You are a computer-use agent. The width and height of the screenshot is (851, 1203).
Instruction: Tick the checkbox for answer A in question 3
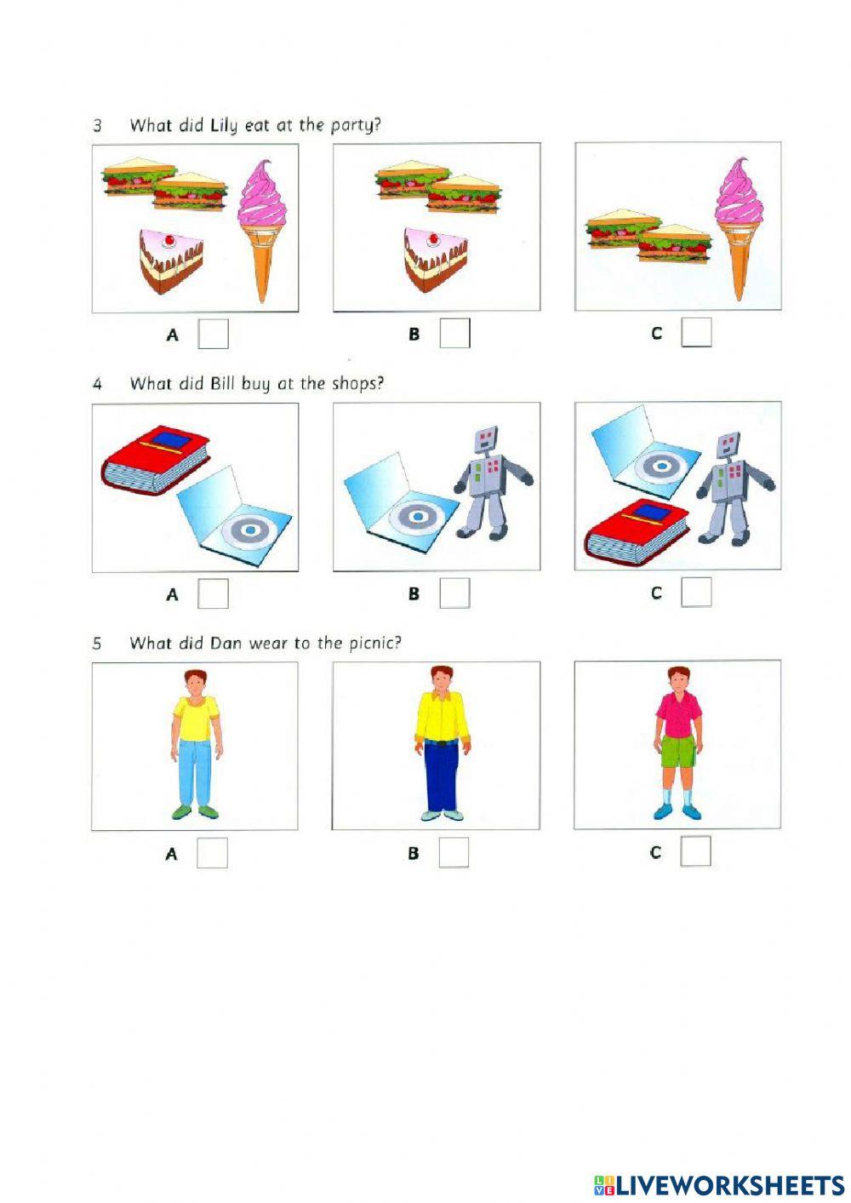tap(214, 334)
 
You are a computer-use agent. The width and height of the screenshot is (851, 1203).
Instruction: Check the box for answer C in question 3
tap(696, 333)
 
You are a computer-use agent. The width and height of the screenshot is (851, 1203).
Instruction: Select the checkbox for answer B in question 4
tap(454, 593)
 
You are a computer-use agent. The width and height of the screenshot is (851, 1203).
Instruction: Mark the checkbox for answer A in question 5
tap(213, 852)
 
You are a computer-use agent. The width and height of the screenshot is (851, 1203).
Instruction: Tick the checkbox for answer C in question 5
tap(695, 851)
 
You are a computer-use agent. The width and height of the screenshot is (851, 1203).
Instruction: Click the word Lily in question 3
tap(224, 126)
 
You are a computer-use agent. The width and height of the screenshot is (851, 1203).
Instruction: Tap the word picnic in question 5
tap(372, 643)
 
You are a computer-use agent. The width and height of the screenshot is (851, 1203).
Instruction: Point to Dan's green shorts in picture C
tap(677, 753)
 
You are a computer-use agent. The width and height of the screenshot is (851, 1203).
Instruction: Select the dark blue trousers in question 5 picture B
tap(441, 775)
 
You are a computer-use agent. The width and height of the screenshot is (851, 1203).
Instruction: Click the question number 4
tap(97, 385)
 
